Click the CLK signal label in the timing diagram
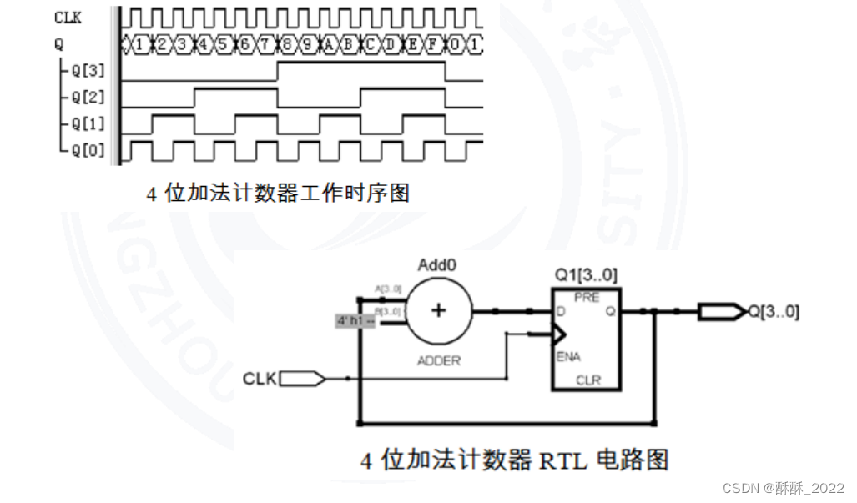click(x=68, y=16)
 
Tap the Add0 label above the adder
click(x=436, y=266)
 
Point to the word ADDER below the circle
click(x=436, y=361)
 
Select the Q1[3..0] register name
click(x=586, y=275)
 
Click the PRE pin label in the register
click(x=587, y=298)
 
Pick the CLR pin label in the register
click(x=587, y=380)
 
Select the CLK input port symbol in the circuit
click(x=303, y=379)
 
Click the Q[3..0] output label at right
click(x=773, y=312)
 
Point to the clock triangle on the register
click(x=558, y=335)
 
